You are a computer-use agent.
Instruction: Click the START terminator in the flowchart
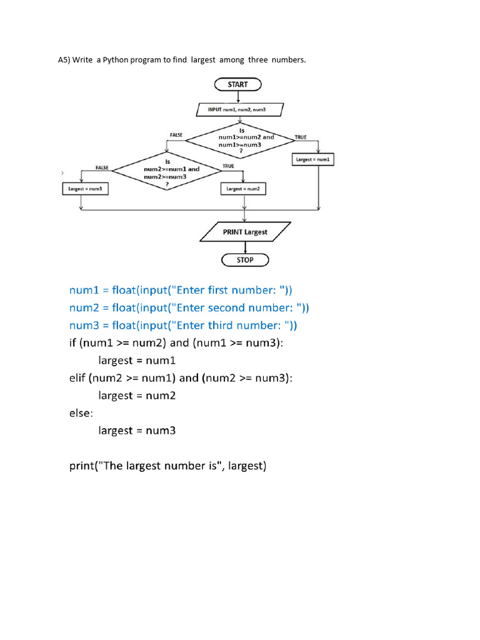[237, 84]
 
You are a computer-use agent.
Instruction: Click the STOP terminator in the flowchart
[245, 259]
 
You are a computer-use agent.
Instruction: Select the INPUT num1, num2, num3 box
[241, 110]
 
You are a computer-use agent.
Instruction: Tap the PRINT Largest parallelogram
[245, 232]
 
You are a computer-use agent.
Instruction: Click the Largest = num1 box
[314, 160]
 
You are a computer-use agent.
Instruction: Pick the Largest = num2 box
[243, 188]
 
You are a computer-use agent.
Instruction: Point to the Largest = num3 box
[84, 188]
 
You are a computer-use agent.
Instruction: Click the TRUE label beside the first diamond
[300, 137]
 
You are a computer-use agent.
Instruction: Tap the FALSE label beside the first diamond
[177, 135]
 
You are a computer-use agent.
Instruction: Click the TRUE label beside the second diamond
[228, 166]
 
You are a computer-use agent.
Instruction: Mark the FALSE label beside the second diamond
[102, 167]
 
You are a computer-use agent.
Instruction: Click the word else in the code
[80, 413]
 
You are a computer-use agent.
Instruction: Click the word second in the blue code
[227, 307]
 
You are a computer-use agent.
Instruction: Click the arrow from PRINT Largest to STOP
[245, 247]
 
